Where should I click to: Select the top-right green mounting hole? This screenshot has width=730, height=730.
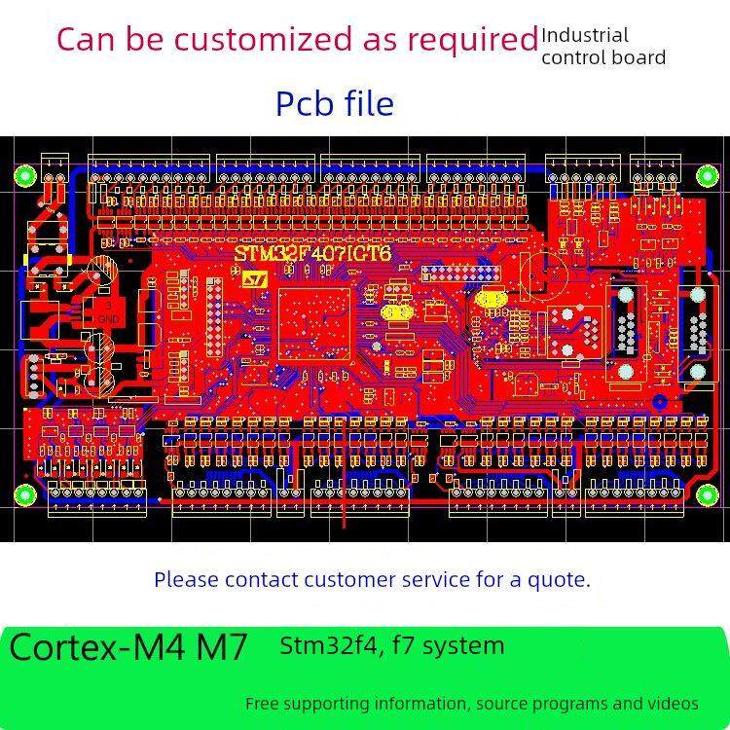pos(705,175)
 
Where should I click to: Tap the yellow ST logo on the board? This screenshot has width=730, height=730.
pos(254,278)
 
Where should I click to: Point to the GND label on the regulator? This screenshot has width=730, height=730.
pos(108,318)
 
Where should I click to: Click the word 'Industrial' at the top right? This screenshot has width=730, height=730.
pos(585,36)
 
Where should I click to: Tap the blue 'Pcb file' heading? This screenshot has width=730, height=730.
pos(335,103)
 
